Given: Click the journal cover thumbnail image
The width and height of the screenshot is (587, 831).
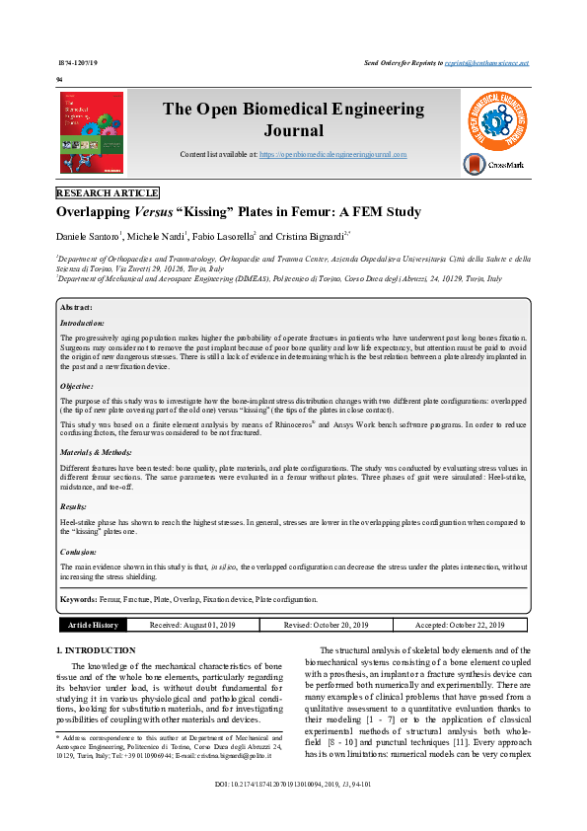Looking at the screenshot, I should coord(93,133).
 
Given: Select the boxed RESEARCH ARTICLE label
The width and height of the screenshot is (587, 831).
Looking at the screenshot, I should coord(108,192).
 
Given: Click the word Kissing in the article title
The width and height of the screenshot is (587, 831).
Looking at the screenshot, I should coord(208,212).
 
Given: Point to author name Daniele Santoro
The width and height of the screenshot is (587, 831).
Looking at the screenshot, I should coord(88,237).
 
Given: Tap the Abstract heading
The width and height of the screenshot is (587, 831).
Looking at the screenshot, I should coord(76,308).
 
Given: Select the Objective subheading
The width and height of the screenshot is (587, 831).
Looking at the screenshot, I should coord(78,387).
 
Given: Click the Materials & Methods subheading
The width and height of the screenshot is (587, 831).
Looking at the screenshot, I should coord(96,451).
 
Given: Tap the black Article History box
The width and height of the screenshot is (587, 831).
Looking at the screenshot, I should coord(93,625).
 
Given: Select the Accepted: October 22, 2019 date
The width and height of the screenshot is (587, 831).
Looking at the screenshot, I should coord(459,625).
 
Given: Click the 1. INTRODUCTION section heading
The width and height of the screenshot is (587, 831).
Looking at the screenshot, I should coord(95,650).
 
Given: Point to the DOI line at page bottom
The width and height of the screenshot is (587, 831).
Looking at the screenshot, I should coord(292,811).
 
